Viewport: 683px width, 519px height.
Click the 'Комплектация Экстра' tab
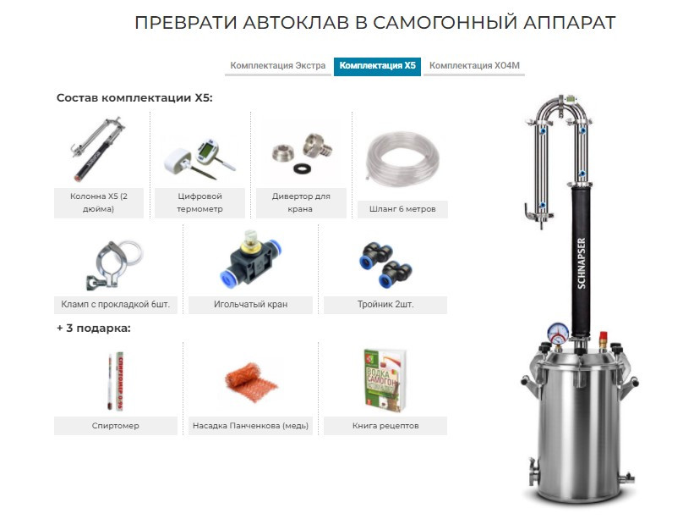click(x=277, y=65)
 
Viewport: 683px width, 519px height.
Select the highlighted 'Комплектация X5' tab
click(x=377, y=65)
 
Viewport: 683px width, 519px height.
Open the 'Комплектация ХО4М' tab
click(x=474, y=65)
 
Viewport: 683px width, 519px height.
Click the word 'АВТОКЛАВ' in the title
click(x=296, y=23)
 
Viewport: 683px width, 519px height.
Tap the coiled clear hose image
click(x=402, y=158)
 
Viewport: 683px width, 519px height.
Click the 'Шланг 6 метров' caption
click(x=402, y=209)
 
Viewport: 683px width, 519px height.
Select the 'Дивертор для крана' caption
click(x=301, y=202)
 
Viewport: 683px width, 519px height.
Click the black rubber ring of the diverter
click(x=302, y=168)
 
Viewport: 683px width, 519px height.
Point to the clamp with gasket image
click(x=114, y=264)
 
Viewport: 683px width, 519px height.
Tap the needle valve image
click(x=250, y=258)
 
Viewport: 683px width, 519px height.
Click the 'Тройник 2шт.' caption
click(x=385, y=305)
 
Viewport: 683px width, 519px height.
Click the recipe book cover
click(x=385, y=380)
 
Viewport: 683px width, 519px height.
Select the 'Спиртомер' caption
click(x=116, y=426)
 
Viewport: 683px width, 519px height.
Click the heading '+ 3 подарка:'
click(x=94, y=328)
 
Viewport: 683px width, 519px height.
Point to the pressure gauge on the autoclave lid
click(x=558, y=334)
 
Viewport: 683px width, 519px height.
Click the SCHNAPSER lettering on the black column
click(x=582, y=263)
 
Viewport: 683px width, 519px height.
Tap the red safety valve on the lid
click(x=604, y=338)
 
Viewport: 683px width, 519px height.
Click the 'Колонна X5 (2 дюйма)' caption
click(x=99, y=202)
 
